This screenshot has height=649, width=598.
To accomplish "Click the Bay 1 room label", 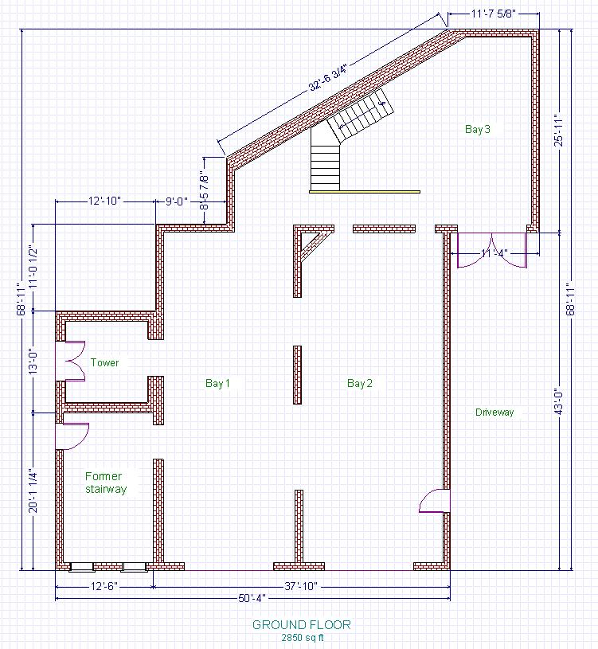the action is tap(217, 383).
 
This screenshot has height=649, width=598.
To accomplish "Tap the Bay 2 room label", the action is tap(360, 383).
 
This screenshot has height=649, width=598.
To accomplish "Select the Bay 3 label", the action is tap(478, 129).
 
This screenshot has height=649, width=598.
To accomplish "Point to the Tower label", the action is tap(104, 362).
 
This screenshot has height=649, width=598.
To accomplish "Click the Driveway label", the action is tap(494, 412).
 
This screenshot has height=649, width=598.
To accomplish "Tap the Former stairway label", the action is tap(106, 483).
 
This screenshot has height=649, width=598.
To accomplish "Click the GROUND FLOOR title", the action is tap(302, 624).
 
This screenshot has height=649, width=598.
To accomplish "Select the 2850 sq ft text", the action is tap(303, 637).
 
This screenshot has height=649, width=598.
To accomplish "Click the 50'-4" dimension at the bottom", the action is tap(252, 599).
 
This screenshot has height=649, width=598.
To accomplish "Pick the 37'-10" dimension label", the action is tap(301, 586).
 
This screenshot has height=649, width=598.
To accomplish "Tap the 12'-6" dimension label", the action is tap(104, 586).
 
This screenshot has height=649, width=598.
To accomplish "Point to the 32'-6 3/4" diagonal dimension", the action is tap(327, 77).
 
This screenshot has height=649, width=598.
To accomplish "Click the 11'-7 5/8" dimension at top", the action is tap(494, 14).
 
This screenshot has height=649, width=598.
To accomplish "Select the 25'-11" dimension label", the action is tap(559, 130).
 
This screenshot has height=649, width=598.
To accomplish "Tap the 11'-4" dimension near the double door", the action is tap(494, 253).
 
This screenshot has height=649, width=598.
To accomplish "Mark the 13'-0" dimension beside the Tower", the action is tap(33, 361).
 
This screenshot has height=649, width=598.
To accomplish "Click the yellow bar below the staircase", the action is tap(365, 192).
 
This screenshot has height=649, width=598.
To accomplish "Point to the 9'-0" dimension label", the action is tap(177, 201).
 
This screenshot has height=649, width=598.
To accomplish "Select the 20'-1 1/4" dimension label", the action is tap(33, 491).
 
